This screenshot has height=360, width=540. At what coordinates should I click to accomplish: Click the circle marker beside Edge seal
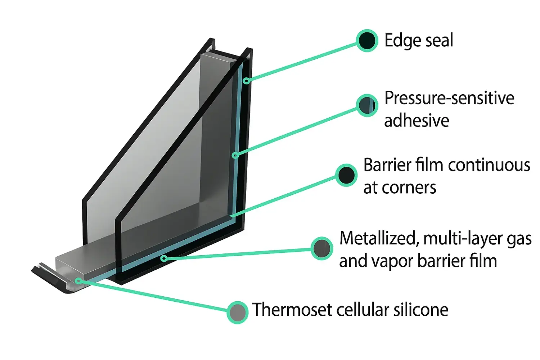click(x=367, y=40)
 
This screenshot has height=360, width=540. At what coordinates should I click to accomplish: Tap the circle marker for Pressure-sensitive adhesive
click(x=367, y=105)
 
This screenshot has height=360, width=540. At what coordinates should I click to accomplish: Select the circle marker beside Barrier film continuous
click(x=346, y=175)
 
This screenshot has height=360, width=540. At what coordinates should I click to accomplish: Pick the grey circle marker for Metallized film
click(x=322, y=248)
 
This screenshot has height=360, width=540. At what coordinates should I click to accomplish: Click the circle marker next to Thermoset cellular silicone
click(x=238, y=312)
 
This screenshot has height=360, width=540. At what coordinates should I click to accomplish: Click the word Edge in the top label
click(x=398, y=41)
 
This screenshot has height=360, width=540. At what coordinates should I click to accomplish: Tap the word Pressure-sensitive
click(x=449, y=98)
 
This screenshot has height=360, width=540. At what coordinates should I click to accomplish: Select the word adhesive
click(x=417, y=121)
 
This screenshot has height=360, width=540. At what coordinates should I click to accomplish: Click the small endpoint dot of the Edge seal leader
click(x=246, y=81)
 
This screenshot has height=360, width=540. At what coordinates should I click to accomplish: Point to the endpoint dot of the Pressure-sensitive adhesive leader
click(x=235, y=155)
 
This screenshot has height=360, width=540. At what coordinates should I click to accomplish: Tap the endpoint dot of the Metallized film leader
click(x=164, y=258)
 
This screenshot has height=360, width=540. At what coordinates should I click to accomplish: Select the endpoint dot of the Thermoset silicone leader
click(x=78, y=281)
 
